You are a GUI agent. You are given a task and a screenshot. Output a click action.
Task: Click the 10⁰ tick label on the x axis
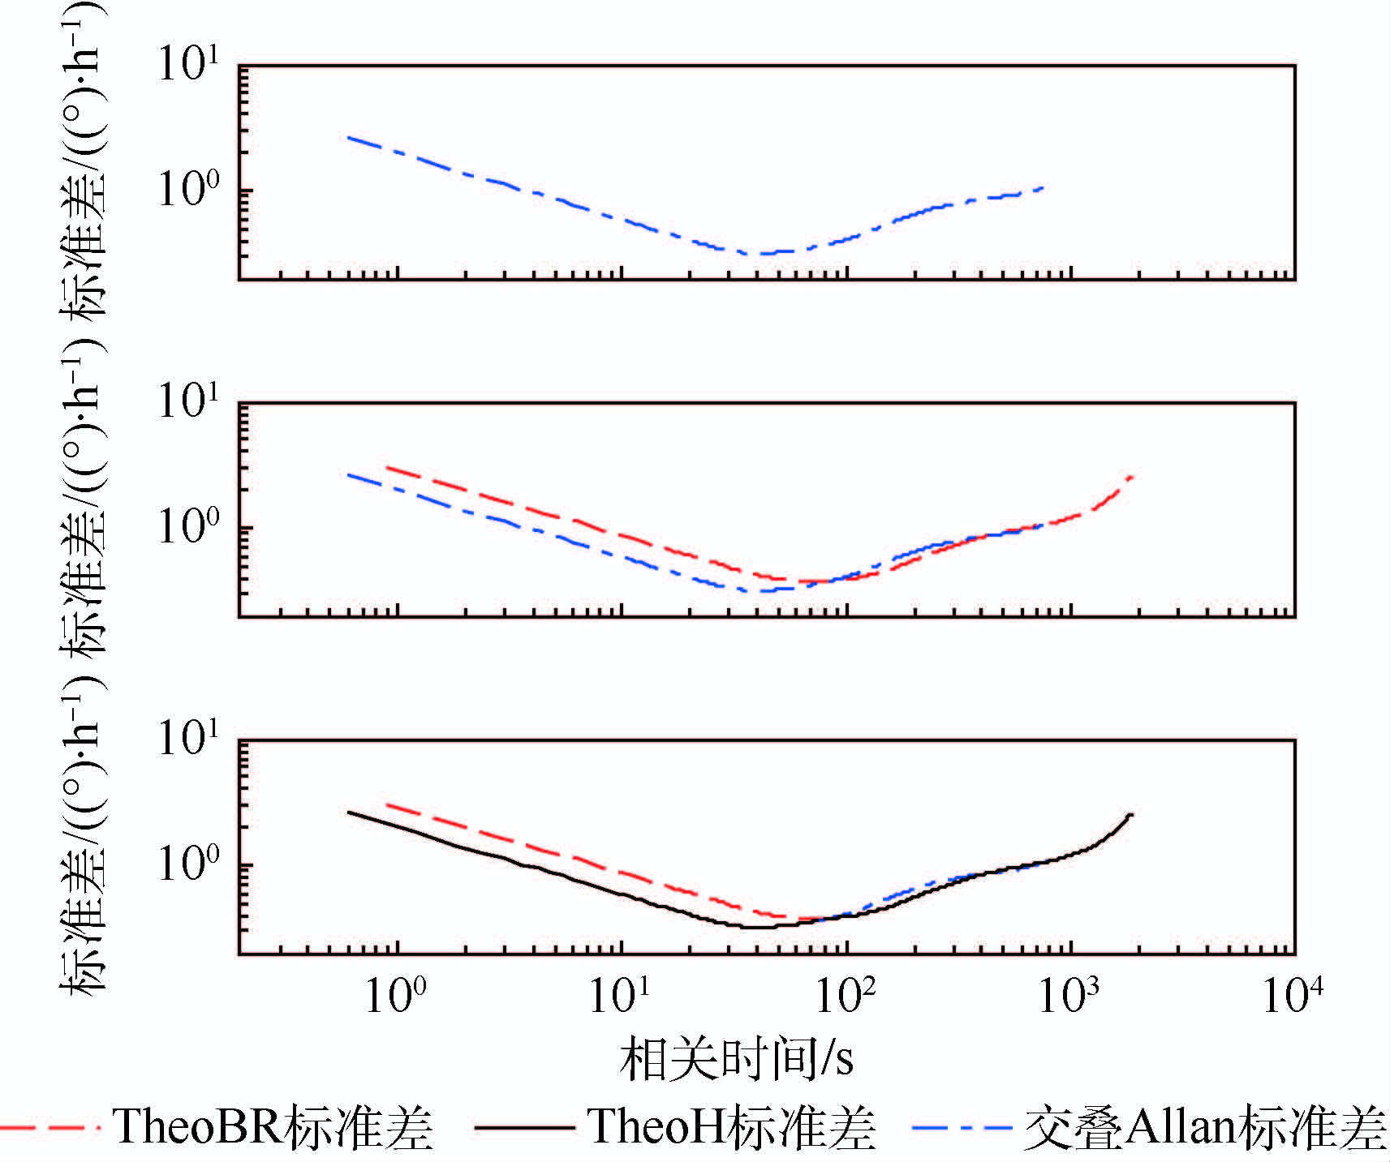tap(394, 994)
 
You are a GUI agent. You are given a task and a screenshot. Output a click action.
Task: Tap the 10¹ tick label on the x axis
tap(620, 994)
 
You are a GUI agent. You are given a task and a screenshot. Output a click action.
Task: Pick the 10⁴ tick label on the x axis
tap(1293, 994)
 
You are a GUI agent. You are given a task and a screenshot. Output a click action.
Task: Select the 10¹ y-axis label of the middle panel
tap(188, 401)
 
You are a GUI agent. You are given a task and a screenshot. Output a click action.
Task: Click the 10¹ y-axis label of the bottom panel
tap(188, 738)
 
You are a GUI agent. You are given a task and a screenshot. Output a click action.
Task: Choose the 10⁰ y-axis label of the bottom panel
tap(188, 864)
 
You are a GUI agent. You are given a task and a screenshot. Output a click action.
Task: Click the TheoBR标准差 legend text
tap(273, 1127)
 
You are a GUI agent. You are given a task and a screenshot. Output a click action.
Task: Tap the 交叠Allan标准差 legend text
tap(1205, 1127)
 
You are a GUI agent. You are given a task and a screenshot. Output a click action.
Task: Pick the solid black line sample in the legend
tap(524, 1128)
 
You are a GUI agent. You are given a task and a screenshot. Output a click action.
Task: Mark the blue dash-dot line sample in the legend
tap(962, 1128)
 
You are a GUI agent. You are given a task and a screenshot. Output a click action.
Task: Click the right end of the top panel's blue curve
tap(1043, 187)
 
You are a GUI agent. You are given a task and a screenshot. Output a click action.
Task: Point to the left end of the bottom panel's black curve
tap(349, 812)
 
